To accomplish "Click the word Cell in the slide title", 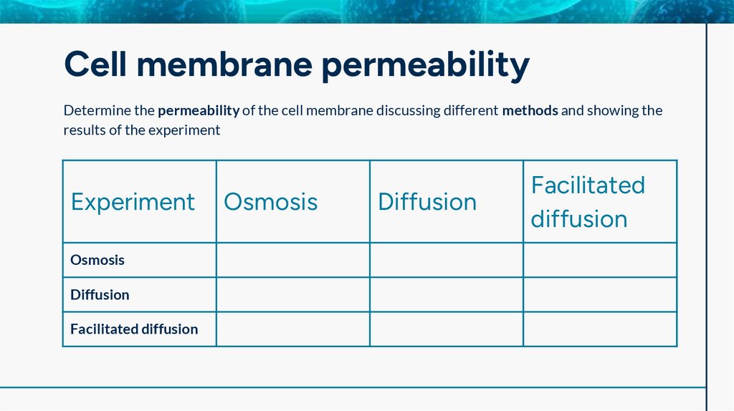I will [94, 65].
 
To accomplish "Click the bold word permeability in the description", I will [199, 111].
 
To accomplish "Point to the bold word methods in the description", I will [530, 111].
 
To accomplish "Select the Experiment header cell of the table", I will [133, 202].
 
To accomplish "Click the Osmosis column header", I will [271, 202].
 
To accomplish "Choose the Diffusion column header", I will [427, 202].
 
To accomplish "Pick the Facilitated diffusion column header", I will [588, 202].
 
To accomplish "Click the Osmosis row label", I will [97, 260].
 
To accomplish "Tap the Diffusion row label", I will [100, 294].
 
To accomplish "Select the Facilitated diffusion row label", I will [134, 329].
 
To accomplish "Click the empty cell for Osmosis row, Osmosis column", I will [293, 260].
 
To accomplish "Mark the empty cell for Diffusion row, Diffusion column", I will [447, 294].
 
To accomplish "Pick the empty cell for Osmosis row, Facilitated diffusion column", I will [600, 260].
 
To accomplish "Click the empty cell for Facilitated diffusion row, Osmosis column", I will [293, 329].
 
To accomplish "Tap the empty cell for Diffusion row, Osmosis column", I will [293, 294].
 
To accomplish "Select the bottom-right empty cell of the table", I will [600, 329].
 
